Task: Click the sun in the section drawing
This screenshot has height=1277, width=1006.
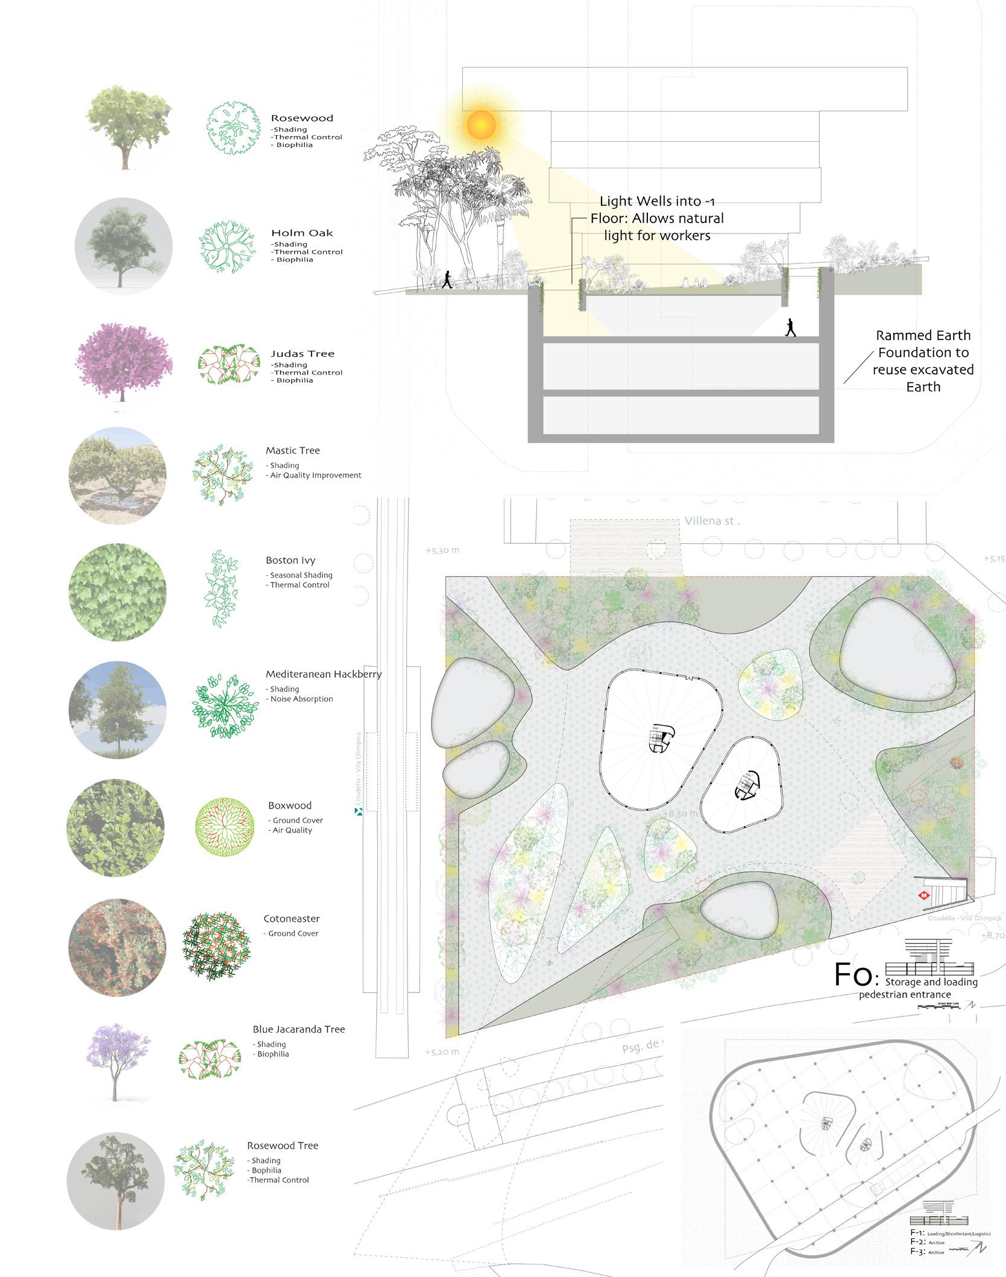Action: (480, 125)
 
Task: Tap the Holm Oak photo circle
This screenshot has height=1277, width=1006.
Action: (124, 247)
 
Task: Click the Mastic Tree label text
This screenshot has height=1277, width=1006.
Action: (292, 450)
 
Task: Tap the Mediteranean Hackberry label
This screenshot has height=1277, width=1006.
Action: (323, 674)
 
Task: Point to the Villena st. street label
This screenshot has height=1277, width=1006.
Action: (711, 521)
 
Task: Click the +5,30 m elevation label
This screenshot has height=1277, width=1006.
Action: (442, 550)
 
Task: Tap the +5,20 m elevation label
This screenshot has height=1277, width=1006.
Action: (442, 1052)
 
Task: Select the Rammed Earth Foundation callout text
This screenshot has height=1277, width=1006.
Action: (923, 361)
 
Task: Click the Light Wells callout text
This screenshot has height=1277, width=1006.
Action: (657, 218)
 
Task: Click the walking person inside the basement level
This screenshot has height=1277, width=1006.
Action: (790, 328)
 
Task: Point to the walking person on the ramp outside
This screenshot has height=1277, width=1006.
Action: (447, 279)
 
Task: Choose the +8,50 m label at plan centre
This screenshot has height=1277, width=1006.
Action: (680, 813)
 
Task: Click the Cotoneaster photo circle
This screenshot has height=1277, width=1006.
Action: (117, 947)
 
